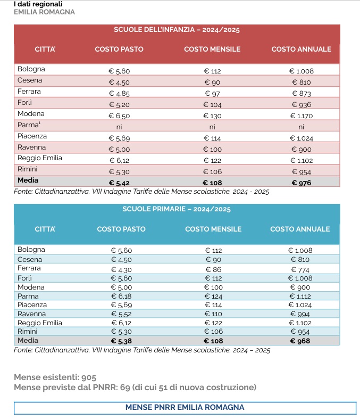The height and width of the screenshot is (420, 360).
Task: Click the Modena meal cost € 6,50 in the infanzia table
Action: click(119, 116)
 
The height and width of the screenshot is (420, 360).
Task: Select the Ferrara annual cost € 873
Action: click(302, 94)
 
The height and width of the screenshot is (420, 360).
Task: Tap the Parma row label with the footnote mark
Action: click(29, 125)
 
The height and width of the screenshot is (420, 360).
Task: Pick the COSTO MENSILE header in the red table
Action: click(212, 50)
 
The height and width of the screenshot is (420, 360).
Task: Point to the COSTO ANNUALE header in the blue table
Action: click(300, 229)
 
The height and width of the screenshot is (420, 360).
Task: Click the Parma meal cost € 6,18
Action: click(121, 297)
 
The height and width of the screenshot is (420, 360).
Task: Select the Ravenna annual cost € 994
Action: click(300, 314)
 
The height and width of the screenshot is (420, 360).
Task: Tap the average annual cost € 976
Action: click(302, 183)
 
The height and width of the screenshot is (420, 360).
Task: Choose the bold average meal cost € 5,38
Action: click(121, 341)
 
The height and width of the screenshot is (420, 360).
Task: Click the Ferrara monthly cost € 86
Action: click(213, 269)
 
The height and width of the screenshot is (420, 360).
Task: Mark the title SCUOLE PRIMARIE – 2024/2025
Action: click(177, 209)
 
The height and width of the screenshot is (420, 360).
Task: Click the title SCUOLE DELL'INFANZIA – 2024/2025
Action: click(177, 29)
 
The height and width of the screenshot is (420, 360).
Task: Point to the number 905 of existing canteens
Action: click(89, 377)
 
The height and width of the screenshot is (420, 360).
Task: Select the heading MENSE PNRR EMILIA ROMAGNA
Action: click(185, 407)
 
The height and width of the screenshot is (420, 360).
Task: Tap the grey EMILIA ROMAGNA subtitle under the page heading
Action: click(45, 12)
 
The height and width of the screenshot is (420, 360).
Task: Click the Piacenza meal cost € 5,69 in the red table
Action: click(119, 138)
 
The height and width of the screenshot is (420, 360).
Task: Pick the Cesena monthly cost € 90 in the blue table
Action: click(213, 260)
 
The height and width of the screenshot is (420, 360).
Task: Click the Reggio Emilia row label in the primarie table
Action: click(39, 323)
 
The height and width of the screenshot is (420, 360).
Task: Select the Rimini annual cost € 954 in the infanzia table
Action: click(302, 172)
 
